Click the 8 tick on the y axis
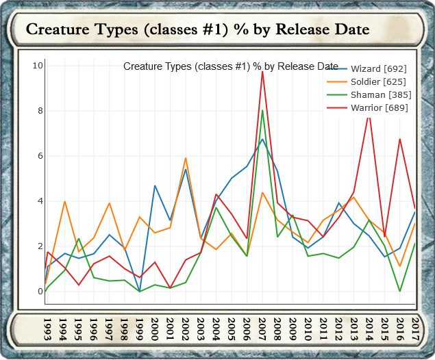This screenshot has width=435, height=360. (x=40, y=111)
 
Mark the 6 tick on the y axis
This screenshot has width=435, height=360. (x=40, y=156)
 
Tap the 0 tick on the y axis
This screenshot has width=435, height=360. (x=40, y=292)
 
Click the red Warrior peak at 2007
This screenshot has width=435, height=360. (x=262, y=71)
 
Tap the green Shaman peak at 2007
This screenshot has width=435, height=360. (x=262, y=111)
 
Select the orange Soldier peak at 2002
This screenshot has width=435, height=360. (x=186, y=158)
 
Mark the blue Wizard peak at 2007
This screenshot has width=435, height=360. (x=262, y=139)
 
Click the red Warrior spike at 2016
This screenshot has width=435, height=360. (x=400, y=139)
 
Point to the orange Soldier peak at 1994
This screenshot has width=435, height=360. (x=64, y=201)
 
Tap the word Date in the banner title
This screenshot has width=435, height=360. (x=351, y=30)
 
